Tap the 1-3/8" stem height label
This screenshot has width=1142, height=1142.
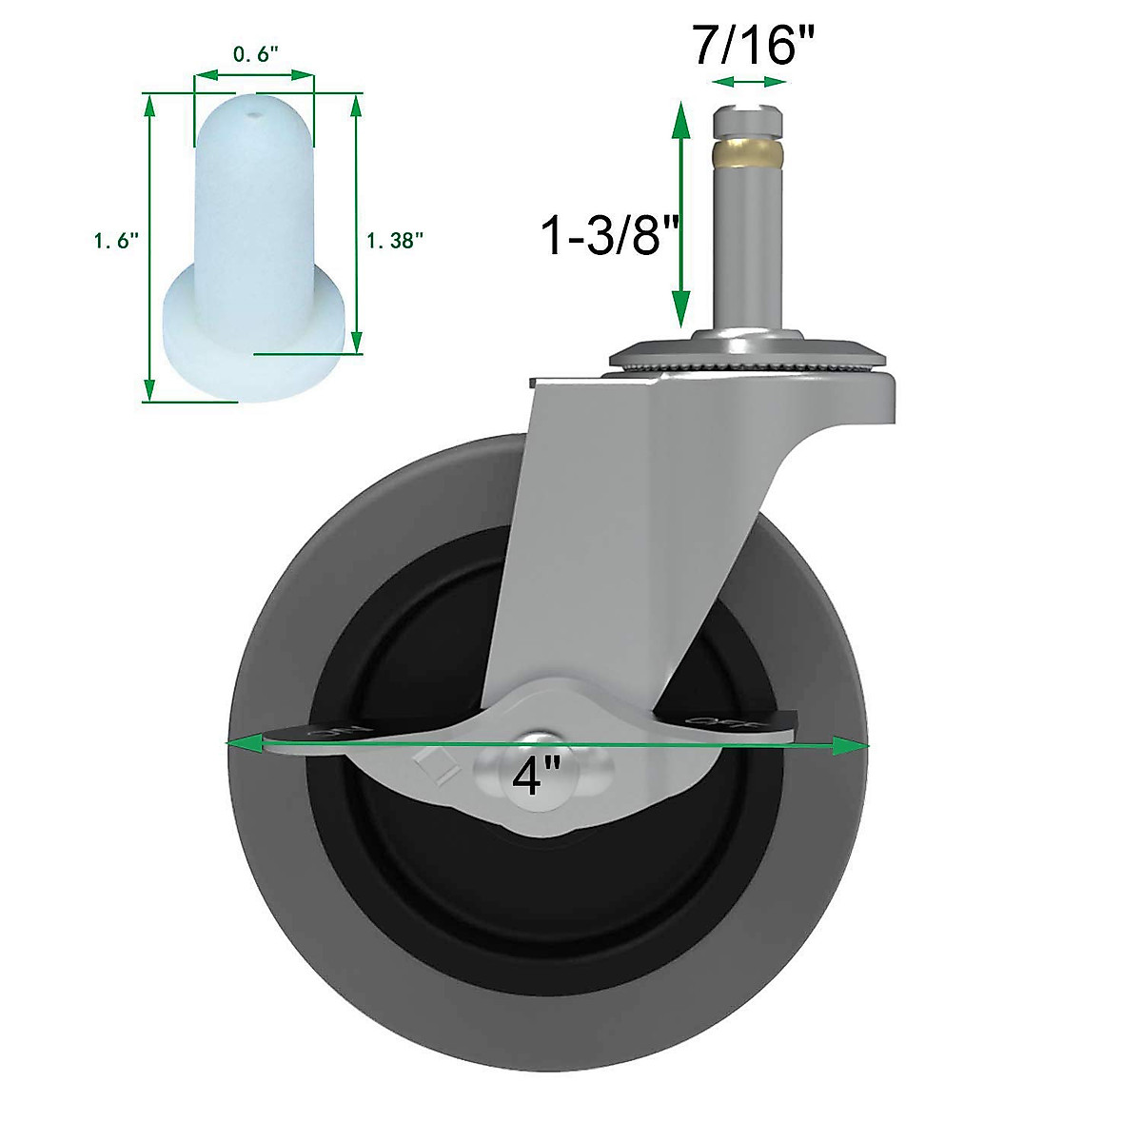601,235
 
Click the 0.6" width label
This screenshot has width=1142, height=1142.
254,54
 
